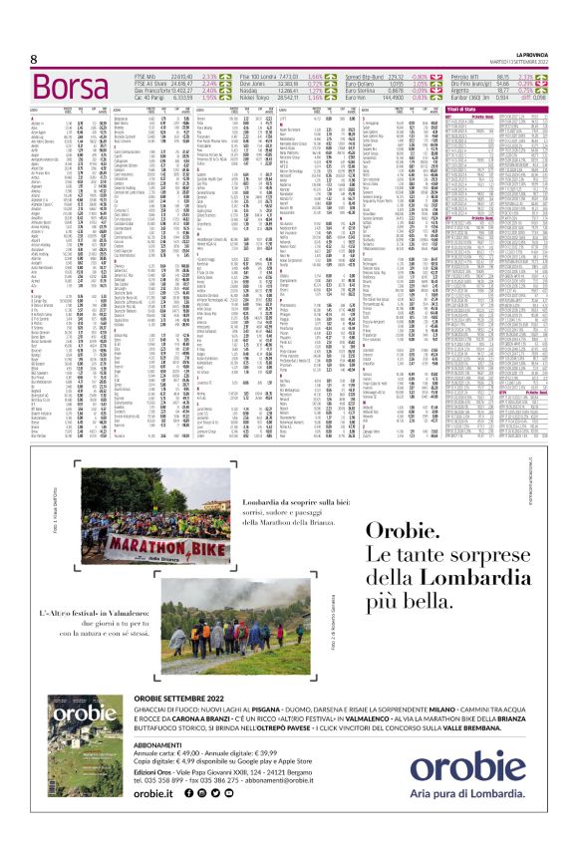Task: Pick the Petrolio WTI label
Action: [x=470, y=75]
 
